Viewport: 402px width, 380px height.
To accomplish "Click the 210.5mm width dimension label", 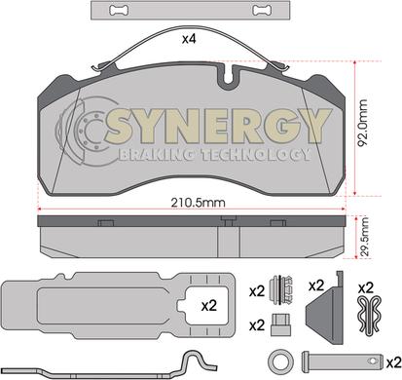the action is click(198, 203).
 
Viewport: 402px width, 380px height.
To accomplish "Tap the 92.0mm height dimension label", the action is click(362, 124).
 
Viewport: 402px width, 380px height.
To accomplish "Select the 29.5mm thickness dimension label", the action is click(364, 238).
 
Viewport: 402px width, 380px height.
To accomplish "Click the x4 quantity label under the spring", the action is click(190, 39).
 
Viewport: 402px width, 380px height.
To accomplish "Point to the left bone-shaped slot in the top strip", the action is click(119, 11).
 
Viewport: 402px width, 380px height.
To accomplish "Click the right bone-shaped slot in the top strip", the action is click(262, 11).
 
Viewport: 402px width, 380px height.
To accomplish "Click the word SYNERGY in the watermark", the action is click(218, 126).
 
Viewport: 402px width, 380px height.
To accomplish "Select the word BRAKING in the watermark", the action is click(157, 155).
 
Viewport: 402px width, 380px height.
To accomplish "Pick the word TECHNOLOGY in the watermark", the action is click(255, 155).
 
